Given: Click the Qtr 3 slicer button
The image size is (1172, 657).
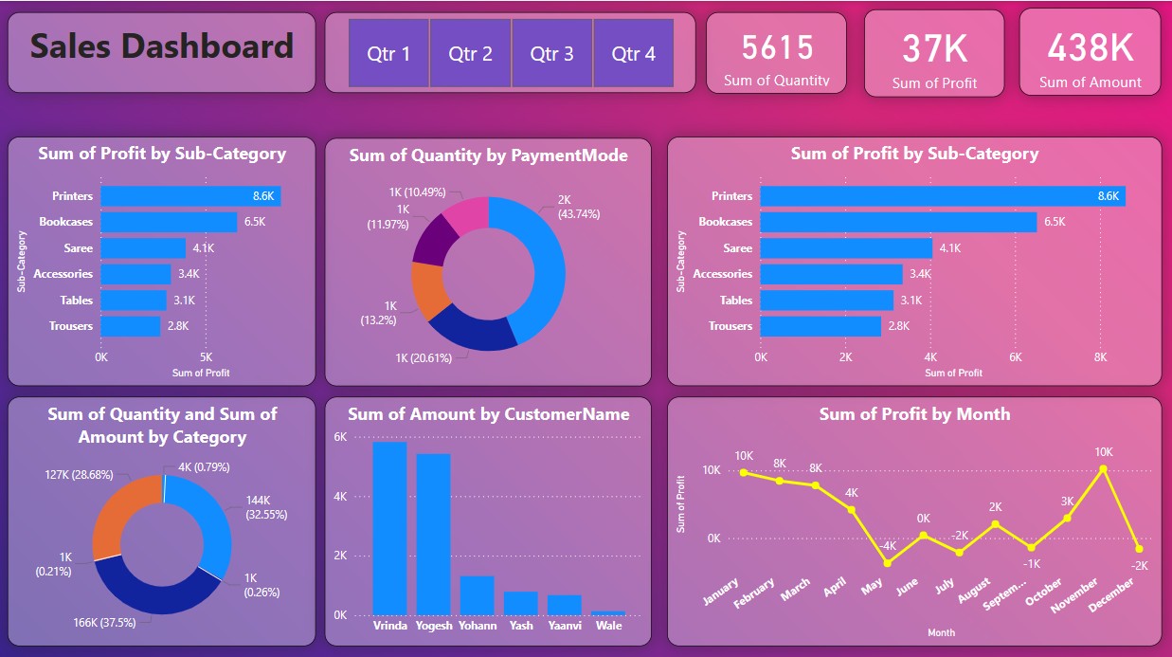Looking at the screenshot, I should pyautogui.click(x=551, y=54).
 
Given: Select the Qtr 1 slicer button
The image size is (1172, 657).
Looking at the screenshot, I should pyautogui.click(x=388, y=54).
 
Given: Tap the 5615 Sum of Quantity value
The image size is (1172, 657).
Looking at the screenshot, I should pyautogui.click(x=777, y=47).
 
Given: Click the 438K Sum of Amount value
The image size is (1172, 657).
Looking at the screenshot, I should pyautogui.click(x=1090, y=47).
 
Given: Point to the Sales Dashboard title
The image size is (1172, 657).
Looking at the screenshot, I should pyautogui.click(x=162, y=46).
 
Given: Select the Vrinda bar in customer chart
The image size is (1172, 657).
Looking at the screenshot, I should pyautogui.click(x=389, y=528).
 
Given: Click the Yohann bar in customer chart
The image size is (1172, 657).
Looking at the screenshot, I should pyautogui.click(x=477, y=595).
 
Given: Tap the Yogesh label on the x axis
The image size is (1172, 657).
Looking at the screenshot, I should pyautogui.click(x=433, y=626).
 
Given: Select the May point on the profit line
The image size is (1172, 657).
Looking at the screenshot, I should pyautogui.click(x=888, y=563).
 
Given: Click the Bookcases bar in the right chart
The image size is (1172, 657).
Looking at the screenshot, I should pyautogui.click(x=897, y=222).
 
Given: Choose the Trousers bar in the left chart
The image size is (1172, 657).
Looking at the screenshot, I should pyautogui.click(x=131, y=326).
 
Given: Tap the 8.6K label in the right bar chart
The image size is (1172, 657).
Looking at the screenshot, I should pyautogui.click(x=1108, y=196).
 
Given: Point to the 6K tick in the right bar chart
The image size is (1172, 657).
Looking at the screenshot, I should pyautogui.click(x=1015, y=358).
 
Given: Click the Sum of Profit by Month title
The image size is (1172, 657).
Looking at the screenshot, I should pyautogui.click(x=914, y=414).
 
